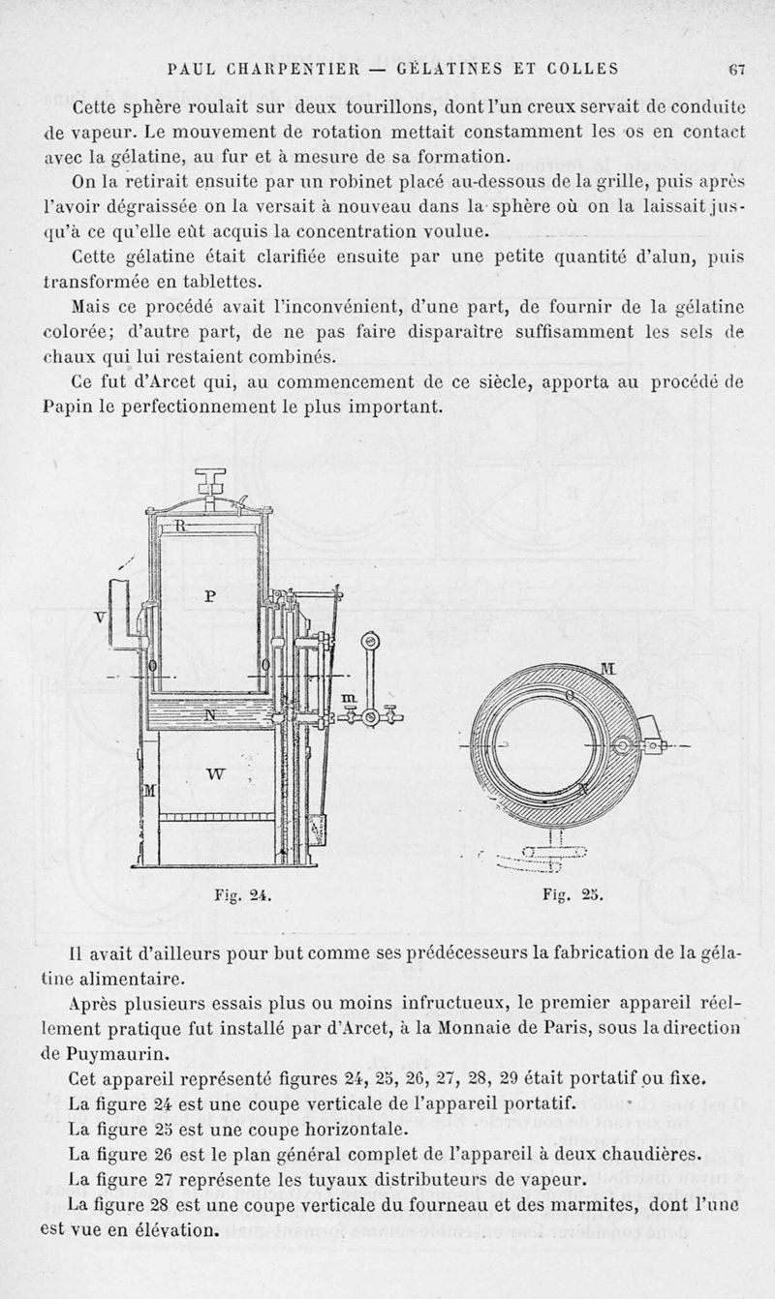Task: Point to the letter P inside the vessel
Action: (x=210, y=596)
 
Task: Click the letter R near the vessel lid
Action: (x=179, y=526)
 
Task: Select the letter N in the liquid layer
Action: (x=210, y=713)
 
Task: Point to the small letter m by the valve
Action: (x=323, y=698)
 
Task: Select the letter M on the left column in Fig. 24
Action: (x=149, y=791)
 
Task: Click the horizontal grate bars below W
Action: (x=215, y=817)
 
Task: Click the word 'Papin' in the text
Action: (x=70, y=408)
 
